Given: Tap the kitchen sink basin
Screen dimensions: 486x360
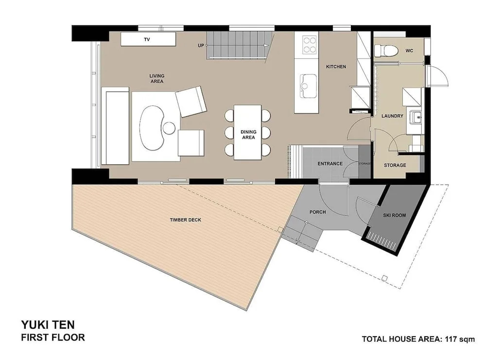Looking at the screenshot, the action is [308, 86].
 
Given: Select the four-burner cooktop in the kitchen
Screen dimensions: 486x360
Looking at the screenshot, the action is [309, 45].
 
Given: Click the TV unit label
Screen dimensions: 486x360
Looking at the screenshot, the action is [147, 39].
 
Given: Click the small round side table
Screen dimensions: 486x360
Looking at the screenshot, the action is [169, 128].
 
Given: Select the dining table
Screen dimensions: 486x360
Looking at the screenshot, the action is [248, 132].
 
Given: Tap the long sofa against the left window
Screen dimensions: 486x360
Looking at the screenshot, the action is [115, 126].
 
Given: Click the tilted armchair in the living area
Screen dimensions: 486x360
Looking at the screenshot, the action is [191, 102].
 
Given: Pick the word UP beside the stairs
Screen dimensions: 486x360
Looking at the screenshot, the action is [201, 46].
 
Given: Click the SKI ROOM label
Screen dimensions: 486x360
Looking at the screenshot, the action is [394, 215].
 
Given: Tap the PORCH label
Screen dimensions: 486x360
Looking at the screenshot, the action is [318, 212].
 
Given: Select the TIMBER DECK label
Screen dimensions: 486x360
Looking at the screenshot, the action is [185, 220].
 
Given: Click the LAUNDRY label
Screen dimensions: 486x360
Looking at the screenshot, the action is [392, 116].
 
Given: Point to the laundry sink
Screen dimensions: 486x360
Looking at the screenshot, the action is [416, 117].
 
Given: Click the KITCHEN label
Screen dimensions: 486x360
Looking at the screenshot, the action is [336, 67].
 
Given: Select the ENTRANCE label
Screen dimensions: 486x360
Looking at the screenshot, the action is [330, 163].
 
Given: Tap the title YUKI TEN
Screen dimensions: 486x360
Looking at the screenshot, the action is [48, 324].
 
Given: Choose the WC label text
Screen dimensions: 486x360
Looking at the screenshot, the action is [409, 51].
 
